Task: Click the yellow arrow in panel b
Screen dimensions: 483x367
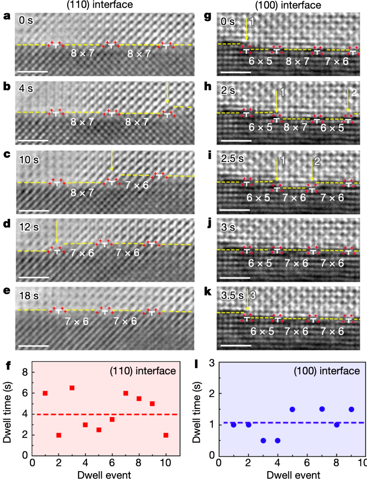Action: pos(168,93)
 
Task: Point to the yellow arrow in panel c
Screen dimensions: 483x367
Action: pos(111,160)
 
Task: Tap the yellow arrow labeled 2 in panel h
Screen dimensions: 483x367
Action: pos(348,101)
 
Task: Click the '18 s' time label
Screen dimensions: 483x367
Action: pos(29,296)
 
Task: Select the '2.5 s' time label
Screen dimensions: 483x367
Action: pos(232,159)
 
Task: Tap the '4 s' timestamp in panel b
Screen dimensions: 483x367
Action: pos(26,89)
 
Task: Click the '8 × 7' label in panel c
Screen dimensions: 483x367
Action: pos(82,193)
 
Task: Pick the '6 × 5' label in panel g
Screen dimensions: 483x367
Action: pos(260,61)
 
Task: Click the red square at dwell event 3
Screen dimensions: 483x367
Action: pos(72,388)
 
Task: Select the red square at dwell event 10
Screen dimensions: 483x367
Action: pos(166,435)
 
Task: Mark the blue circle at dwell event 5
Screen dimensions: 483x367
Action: pos(292,409)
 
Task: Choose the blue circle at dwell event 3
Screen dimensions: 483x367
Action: pos(263,441)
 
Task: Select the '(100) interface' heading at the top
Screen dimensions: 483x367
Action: pos(288,5)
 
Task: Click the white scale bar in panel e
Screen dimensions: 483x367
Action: pos(34,346)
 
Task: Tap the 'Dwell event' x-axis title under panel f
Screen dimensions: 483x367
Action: pos(104,475)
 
